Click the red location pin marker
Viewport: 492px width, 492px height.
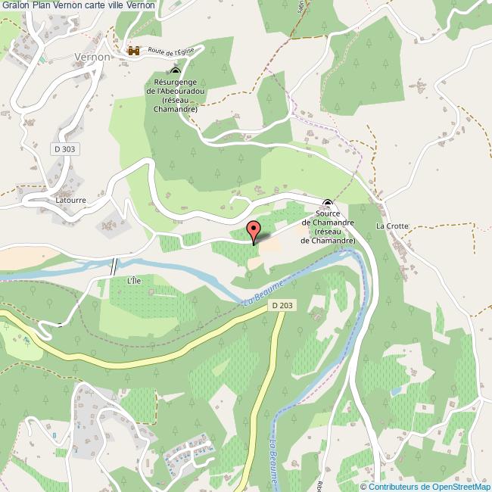point(254,230)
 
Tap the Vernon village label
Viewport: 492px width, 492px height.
point(93,57)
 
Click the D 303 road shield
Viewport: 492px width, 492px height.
point(65,150)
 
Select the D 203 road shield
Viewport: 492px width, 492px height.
point(282,305)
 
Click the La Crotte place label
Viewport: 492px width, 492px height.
point(392,226)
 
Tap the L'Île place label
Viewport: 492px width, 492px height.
point(134,280)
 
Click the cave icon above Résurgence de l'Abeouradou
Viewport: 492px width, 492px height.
point(176,71)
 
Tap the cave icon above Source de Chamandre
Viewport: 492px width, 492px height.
point(328,203)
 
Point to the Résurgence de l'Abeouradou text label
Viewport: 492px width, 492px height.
point(175,95)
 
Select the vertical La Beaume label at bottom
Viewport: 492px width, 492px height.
point(273,455)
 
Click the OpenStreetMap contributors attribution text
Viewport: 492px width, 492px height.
point(429,486)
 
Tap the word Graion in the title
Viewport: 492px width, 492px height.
point(14,5)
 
